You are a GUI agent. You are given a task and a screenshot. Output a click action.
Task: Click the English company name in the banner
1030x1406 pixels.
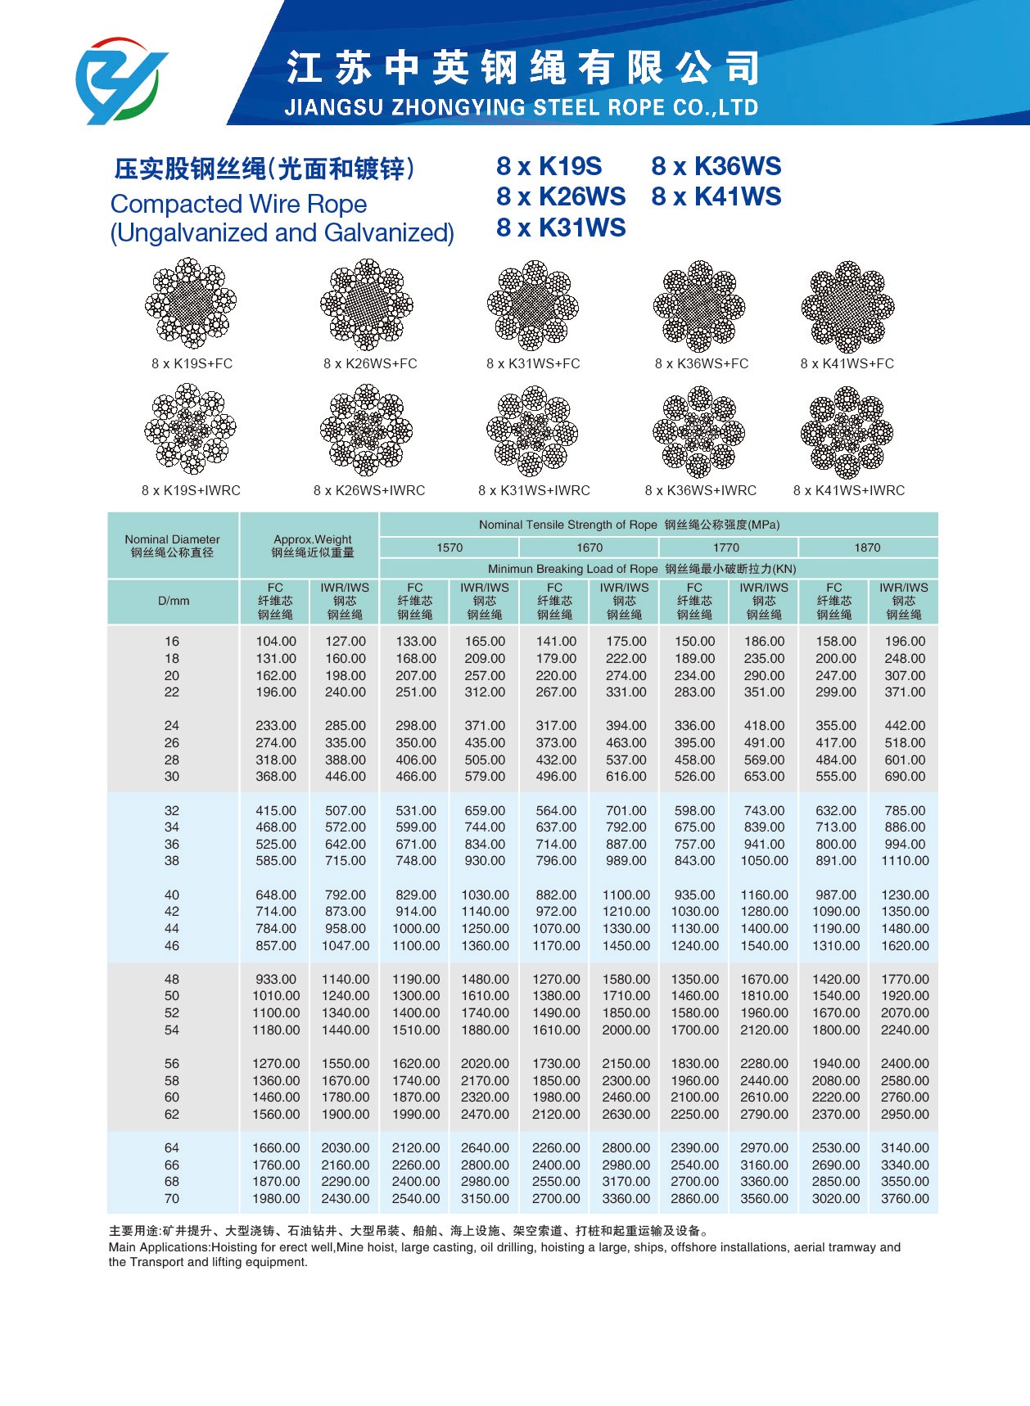(521, 107)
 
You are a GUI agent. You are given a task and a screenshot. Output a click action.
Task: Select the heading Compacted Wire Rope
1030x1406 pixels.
(238, 204)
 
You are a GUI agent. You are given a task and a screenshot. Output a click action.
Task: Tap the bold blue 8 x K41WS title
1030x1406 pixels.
(716, 197)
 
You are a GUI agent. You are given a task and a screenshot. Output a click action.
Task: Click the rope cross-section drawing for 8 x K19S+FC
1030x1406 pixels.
(191, 304)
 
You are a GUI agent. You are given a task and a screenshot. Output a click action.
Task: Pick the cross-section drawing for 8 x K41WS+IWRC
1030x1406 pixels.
(847, 433)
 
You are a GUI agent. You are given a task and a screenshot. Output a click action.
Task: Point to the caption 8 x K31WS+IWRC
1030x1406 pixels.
(534, 490)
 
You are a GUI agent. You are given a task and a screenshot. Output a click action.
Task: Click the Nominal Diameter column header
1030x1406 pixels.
(172, 546)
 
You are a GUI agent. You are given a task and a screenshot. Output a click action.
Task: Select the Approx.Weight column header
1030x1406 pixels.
(313, 546)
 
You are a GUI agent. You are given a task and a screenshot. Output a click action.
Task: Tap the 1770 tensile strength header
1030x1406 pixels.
(726, 548)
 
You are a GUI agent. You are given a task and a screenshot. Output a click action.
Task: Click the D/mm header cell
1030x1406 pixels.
(174, 601)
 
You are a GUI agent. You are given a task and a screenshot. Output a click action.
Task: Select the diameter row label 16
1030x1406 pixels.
(172, 642)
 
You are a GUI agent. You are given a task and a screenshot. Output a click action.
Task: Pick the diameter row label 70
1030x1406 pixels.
(172, 1199)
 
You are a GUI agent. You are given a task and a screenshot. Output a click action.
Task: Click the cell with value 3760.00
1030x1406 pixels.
(905, 1199)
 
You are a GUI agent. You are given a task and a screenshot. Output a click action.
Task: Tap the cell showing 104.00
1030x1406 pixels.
(276, 642)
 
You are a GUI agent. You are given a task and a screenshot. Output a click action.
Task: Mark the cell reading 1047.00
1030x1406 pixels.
(346, 946)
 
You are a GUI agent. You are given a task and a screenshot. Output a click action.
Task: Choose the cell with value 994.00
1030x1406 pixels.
(905, 845)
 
